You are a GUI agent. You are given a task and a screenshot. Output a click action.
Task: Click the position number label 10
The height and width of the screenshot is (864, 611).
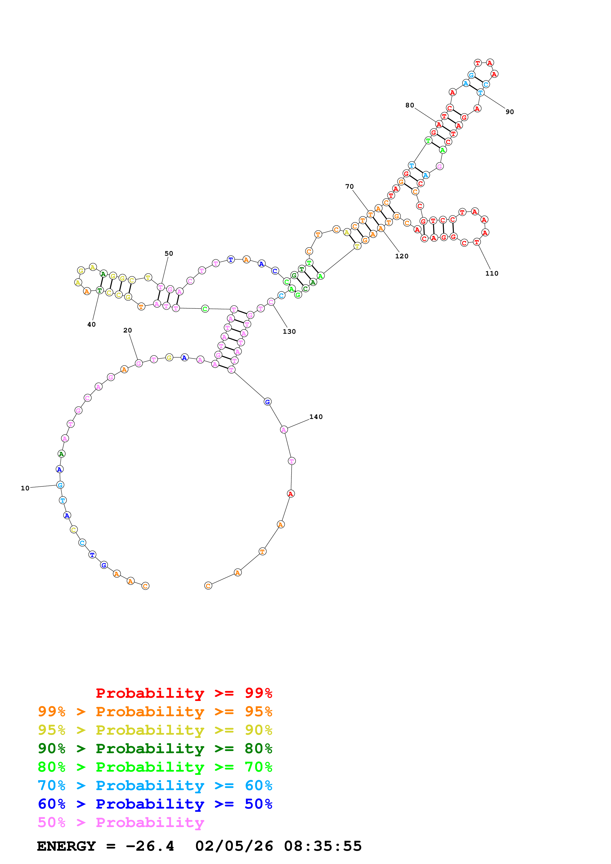[25, 488]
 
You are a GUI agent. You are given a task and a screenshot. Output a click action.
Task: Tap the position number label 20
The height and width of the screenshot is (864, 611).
[128, 330]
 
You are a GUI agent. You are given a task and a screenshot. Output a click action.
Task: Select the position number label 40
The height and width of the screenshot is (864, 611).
[91, 324]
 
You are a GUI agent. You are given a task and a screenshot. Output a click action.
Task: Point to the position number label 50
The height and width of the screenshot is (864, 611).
[169, 254]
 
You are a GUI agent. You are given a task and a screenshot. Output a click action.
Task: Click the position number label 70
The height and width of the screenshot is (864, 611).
[349, 187]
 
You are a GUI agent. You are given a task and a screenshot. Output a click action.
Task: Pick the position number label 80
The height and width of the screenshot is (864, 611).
[410, 105]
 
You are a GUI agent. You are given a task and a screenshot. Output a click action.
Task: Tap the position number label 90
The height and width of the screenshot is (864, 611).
[510, 112]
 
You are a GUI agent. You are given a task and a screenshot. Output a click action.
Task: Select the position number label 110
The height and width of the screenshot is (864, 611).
[492, 274]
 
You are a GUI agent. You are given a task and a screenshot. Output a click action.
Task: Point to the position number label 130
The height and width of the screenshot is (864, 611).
[289, 332]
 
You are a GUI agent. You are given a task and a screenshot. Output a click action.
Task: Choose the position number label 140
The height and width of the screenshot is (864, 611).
[316, 417]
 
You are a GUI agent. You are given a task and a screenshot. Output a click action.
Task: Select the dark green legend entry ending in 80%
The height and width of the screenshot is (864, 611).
[155, 748]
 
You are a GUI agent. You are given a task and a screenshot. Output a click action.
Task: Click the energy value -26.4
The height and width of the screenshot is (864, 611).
[150, 846]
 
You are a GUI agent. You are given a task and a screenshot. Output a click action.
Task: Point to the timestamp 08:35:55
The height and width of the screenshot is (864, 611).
[323, 846]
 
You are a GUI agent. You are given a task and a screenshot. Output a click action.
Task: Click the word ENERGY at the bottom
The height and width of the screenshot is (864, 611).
[66, 846]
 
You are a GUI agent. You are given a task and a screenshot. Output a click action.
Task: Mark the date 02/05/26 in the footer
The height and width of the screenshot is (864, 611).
[234, 846]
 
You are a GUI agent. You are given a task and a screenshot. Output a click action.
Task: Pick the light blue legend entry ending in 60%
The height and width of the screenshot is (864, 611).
[155, 785]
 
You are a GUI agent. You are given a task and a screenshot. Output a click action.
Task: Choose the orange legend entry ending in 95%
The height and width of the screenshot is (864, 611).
[155, 712]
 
